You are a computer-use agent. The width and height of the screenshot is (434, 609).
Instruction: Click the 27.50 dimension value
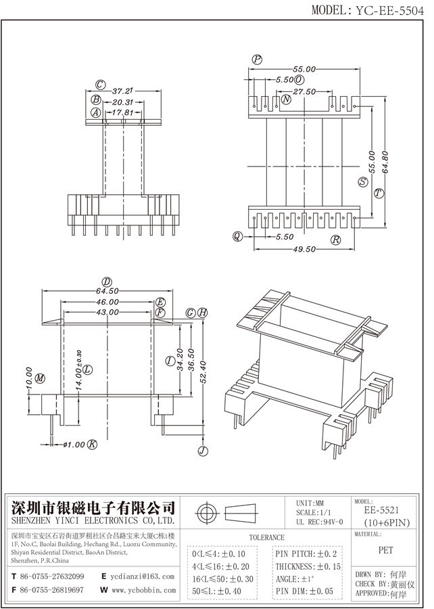[305, 91]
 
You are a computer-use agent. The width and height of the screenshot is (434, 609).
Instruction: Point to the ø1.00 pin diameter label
[74, 444]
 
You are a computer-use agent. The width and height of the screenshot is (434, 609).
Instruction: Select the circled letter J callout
[202, 451]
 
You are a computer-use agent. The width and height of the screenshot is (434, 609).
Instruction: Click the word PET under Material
[386, 550]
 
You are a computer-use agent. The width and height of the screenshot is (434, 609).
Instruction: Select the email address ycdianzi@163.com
[143, 577]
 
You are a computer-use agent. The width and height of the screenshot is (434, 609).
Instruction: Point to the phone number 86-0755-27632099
[52, 577]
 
